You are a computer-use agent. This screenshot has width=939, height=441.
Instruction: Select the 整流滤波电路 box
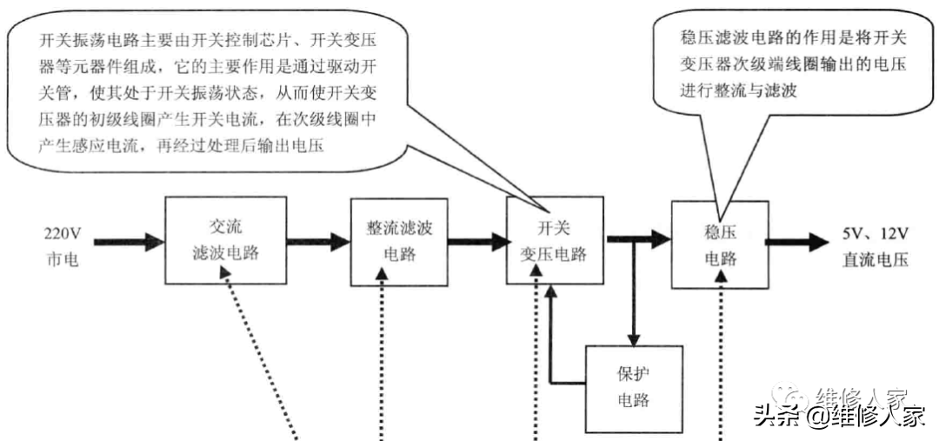click(x=399, y=241)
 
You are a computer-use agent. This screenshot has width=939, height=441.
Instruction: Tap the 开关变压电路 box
click(x=553, y=241)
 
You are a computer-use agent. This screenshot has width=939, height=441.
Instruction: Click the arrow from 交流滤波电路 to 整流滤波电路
click(x=316, y=241)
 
